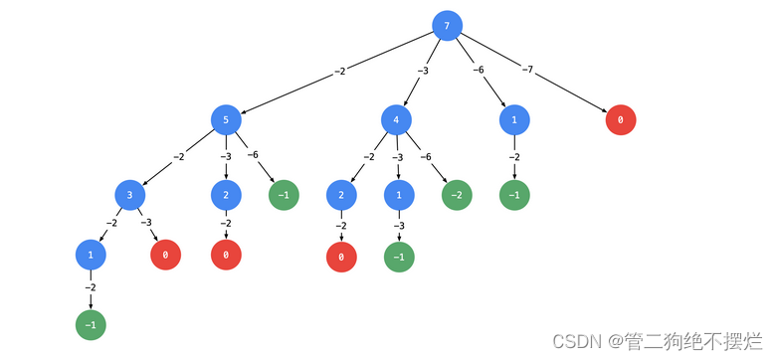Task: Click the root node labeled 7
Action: point(448,26)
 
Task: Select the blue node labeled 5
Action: point(227,120)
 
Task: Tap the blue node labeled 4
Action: point(397,120)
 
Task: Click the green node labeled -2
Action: point(457,195)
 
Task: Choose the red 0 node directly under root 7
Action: point(621,120)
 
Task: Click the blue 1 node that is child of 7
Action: point(513,120)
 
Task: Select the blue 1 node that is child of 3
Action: point(91,256)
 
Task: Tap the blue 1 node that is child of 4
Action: point(399,195)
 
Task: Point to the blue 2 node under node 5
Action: point(226,195)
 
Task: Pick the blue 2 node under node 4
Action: point(341,195)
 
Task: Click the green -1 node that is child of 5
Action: point(284,195)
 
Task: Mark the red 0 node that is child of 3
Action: point(165,256)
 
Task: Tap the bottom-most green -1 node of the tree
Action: point(91,324)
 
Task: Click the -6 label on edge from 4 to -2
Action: point(426,156)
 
